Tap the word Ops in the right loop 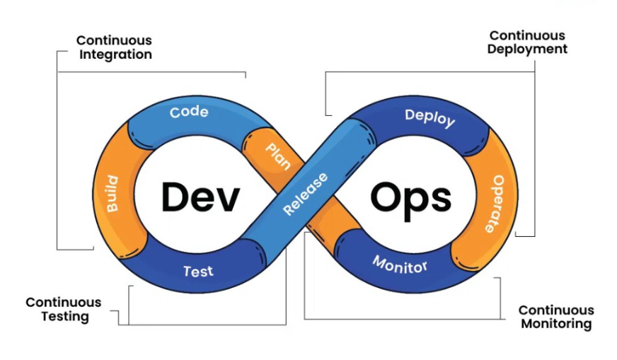[x=411, y=197]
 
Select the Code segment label [x=189, y=112]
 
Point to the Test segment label [x=198, y=271]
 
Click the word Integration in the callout [x=114, y=54]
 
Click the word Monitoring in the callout [x=556, y=324]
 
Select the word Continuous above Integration [x=114, y=40]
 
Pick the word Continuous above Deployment [x=527, y=35]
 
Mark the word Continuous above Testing [x=64, y=303]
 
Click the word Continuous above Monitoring [x=556, y=310]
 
